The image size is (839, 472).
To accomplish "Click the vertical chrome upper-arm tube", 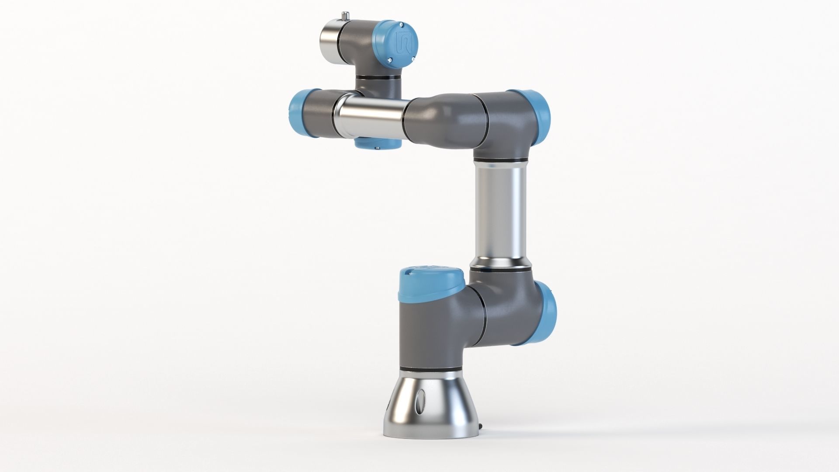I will pyautogui.click(x=501, y=214).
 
